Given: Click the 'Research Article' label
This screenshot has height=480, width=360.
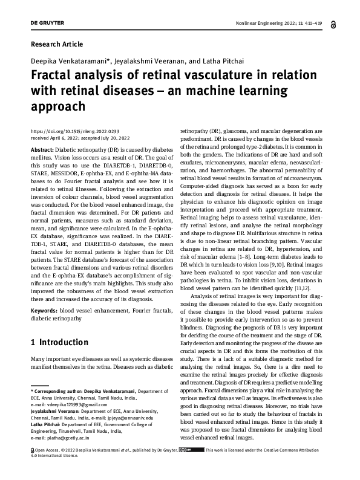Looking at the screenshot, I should tap(56, 44).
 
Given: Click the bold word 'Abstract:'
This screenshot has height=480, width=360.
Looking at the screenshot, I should tap(42, 149).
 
